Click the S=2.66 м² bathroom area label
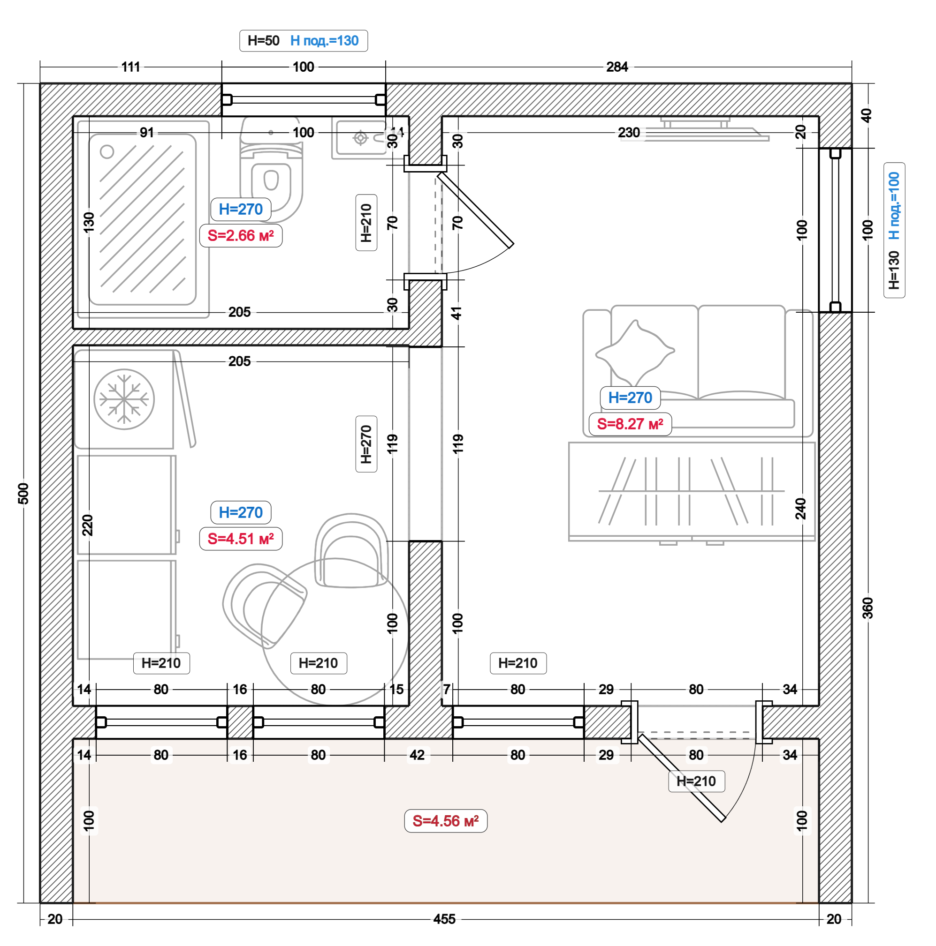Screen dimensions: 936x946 (x=241, y=235)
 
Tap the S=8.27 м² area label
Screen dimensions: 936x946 (x=630, y=424)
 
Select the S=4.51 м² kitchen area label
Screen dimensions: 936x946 (x=241, y=539)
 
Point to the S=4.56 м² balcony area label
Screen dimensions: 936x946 (x=445, y=821)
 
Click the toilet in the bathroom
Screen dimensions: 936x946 (x=271, y=169)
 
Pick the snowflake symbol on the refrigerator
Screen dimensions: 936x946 (x=124, y=399)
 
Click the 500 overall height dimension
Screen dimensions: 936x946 (x=23, y=493)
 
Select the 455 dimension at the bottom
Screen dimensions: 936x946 (x=444, y=919)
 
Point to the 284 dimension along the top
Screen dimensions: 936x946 (x=617, y=67)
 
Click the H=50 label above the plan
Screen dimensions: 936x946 (x=264, y=41)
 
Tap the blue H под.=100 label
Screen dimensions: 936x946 (x=894, y=206)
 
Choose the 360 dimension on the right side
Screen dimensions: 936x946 (x=868, y=608)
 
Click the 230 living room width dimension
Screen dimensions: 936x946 (x=629, y=132)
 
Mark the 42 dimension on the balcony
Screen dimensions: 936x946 (x=417, y=755)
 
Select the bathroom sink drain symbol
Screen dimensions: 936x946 (x=361, y=138)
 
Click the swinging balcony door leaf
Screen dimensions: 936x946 (x=682, y=778)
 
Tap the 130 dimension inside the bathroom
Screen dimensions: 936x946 (x=89, y=222)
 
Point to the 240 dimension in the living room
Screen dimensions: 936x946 (x=800, y=508)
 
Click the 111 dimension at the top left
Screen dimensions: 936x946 (x=131, y=67)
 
